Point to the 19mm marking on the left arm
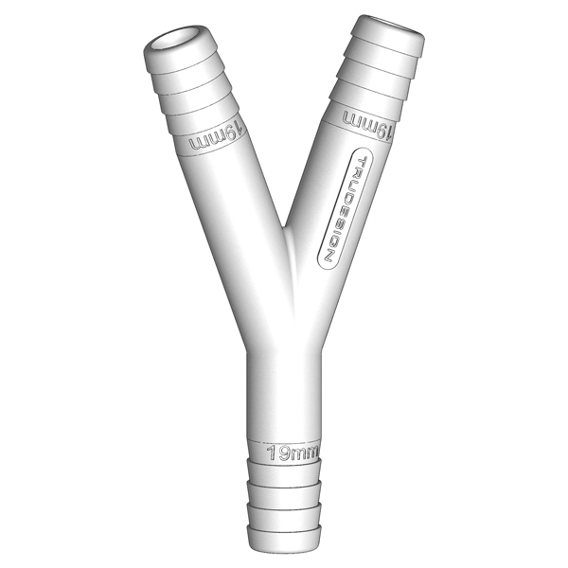pos(217,138)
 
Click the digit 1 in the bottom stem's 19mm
pos(272,452)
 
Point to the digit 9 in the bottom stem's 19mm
pos(283,452)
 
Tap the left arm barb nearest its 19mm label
pos(206,116)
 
